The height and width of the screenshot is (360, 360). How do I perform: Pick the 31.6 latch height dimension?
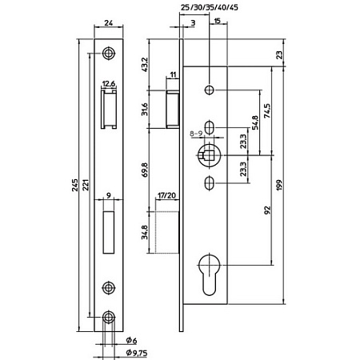[144, 109]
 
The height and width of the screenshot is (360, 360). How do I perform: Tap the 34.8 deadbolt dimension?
[144, 233]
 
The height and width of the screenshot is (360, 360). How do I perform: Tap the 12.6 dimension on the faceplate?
[109, 82]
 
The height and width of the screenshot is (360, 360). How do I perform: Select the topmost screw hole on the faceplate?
[109, 53]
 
